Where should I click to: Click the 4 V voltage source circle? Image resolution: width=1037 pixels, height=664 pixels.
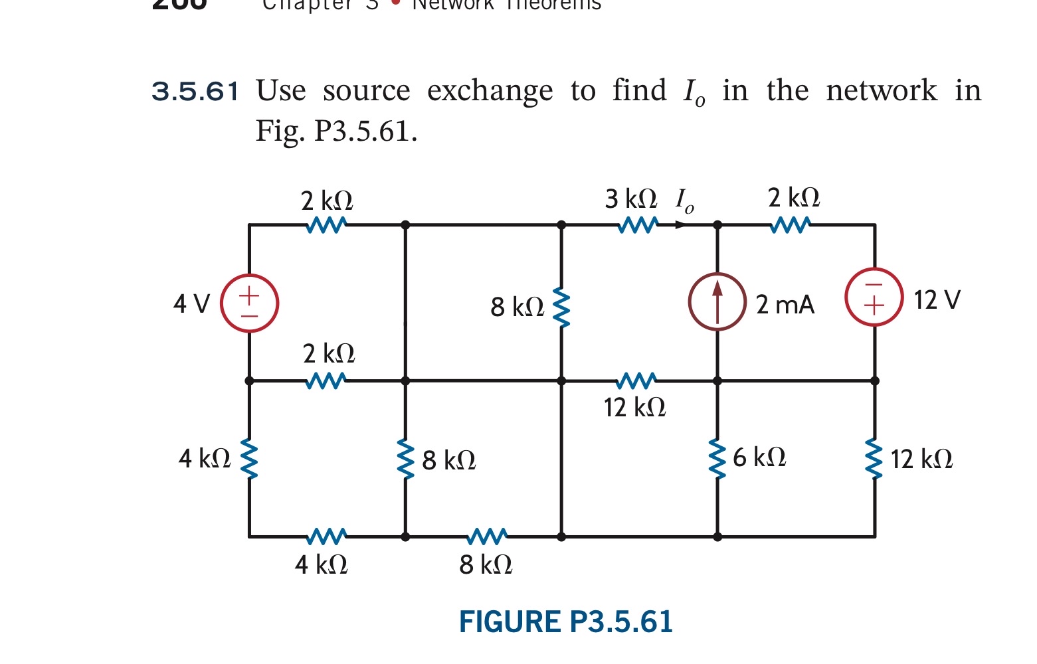click(249, 303)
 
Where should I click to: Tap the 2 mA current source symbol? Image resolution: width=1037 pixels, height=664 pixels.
click(717, 301)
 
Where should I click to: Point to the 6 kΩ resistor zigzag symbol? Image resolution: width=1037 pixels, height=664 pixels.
click(717, 458)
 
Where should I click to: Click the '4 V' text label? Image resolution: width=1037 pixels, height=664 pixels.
click(191, 304)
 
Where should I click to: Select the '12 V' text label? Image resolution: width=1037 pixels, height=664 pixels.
click(937, 300)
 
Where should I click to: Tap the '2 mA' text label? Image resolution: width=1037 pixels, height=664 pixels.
click(785, 305)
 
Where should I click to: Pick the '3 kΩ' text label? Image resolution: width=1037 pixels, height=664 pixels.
click(630, 199)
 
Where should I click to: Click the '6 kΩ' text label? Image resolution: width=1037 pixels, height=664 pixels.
click(759, 457)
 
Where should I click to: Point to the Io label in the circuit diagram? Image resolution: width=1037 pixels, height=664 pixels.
click(684, 200)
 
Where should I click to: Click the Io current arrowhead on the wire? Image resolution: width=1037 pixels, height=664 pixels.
click(680, 225)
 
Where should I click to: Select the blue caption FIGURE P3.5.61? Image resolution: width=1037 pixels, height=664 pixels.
click(565, 622)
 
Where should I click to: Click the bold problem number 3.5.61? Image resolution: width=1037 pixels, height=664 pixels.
click(195, 91)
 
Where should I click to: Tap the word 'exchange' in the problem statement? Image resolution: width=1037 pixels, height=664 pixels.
click(490, 91)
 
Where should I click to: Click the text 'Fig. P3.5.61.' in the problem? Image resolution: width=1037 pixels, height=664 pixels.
click(337, 131)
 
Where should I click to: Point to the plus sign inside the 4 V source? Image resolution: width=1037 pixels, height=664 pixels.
click(249, 292)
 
